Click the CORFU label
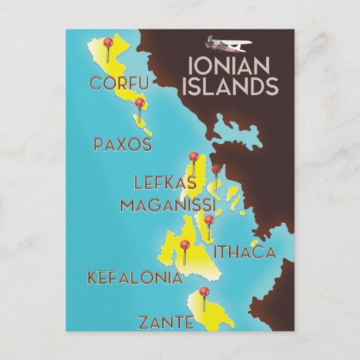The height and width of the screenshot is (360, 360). (118, 84)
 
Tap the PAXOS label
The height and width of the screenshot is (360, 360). (122, 145)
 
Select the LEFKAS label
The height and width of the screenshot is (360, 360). (165, 182)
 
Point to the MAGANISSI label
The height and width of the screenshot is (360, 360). (168, 204)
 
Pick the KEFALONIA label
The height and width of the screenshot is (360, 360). (134, 278)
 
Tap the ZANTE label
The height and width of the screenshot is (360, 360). (165, 323)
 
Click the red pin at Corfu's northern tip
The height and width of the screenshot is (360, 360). (107, 42)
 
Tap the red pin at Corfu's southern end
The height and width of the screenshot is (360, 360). (139, 103)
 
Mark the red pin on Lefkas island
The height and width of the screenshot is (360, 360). (194, 157)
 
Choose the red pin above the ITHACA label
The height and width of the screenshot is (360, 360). (209, 220)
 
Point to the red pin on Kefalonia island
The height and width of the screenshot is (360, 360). (184, 245)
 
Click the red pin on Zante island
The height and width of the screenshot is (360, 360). (203, 292)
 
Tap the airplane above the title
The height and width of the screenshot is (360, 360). (229, 44)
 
